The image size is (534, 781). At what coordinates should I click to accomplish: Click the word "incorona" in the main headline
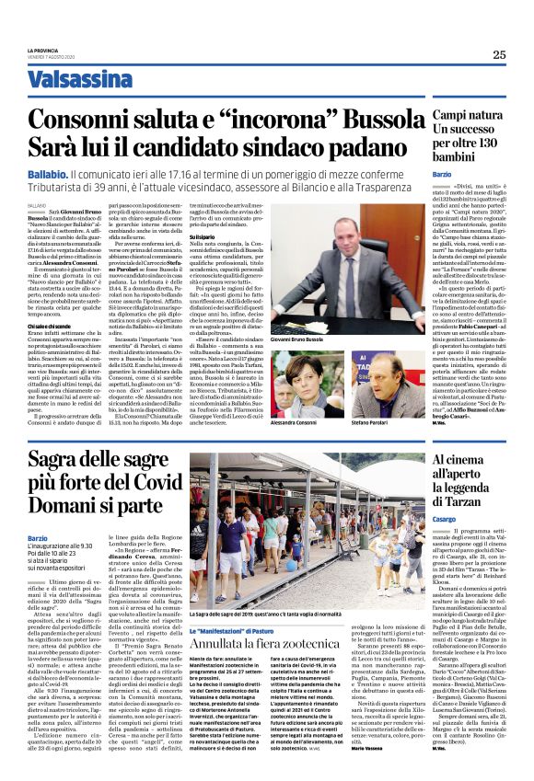pos(267,120)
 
